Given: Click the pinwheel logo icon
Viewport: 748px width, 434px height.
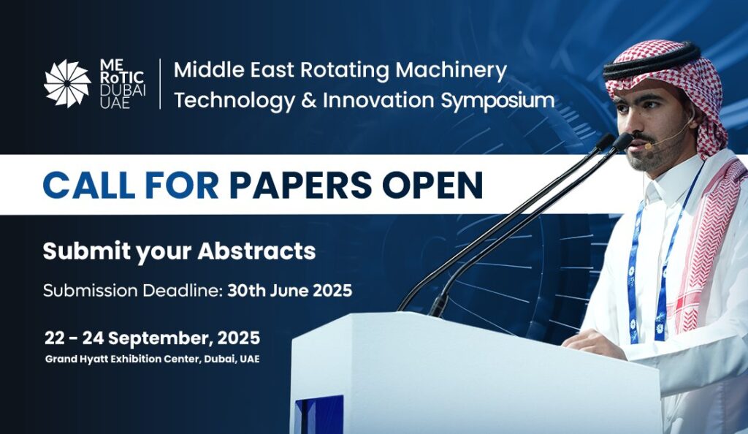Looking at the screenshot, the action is pos(67,83).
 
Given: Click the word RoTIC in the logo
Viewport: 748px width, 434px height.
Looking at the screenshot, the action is pos(122,77).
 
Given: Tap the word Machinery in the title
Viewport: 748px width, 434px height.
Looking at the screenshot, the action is pos(451,70).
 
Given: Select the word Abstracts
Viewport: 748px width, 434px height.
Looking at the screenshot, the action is pos(256,251).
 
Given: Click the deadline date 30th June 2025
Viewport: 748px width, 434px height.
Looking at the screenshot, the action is pos(289,291).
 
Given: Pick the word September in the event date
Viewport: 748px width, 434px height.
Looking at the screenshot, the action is pos(161,338).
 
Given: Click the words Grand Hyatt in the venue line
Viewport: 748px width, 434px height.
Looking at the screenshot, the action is pos(76,359).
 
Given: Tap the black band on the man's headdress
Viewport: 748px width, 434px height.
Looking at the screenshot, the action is pos(652,60).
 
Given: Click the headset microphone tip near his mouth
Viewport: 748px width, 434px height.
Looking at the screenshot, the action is pos(649,146).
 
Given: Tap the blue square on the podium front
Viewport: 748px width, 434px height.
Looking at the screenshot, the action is pos(319,414).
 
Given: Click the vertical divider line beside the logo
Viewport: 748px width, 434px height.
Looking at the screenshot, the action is pos(160,83).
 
